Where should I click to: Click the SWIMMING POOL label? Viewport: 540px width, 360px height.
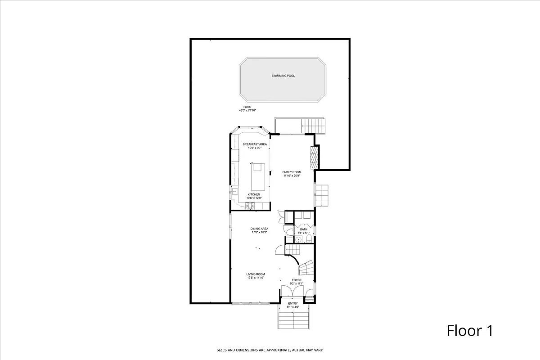(x=283, y=76)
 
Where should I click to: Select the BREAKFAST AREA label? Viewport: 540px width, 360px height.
(x=255, y=144)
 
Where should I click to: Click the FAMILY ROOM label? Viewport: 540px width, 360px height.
(x=292, y=172)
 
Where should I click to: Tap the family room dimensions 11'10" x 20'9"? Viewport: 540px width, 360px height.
(x=292, y=176)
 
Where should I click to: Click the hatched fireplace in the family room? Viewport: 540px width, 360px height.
(x=314, y=155)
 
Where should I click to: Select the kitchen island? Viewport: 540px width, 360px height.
(x=257, y=177)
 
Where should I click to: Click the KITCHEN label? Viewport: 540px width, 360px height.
(x=254, y=194)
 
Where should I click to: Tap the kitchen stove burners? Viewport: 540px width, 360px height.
(x=250, y=206)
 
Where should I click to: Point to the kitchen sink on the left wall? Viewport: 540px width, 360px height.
(x=234, y=191)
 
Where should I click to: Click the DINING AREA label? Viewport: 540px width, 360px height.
(x=259, y=229)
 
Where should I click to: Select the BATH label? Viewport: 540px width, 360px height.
(x=304, y=229)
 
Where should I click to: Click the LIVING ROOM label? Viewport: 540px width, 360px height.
(x=255, y=274)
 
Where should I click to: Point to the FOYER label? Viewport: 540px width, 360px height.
(x=297, y=280)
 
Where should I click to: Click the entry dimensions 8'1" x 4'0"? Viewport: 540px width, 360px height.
(x=293, y=307)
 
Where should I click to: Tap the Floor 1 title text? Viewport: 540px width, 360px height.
(x=469, y=331)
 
